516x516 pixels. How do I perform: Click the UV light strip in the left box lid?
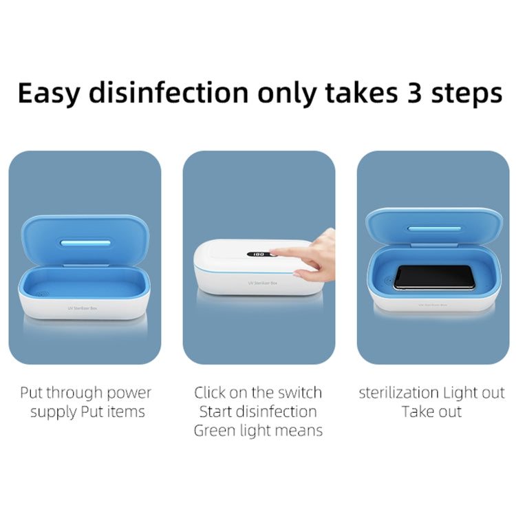(85, 243)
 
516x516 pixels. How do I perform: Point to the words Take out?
(431, 412)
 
